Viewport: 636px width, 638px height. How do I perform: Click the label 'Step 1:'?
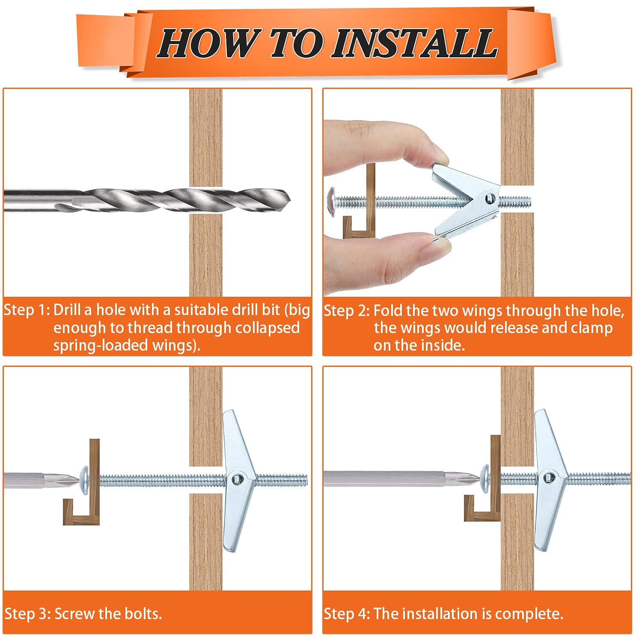tap(27, 310)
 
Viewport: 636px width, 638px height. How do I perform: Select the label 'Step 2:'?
tap(347, 311)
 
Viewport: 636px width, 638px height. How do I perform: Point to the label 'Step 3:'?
tap(28, 614)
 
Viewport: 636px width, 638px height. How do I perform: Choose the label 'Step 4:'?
tap(347, 614)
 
